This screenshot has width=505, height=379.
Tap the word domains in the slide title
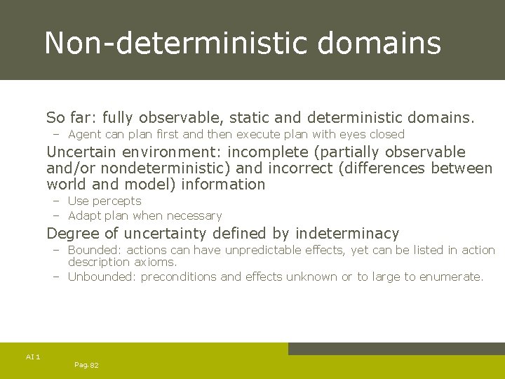(379, 43)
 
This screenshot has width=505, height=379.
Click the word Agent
(84, 134)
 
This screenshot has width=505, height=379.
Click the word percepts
(118, 201)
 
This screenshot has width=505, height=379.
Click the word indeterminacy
(347, 234)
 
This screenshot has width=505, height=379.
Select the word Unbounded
(102, 277)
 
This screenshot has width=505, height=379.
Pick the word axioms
(155, 262)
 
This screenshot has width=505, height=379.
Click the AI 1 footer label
(33, 357)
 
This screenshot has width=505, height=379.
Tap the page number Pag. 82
(86, 365)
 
